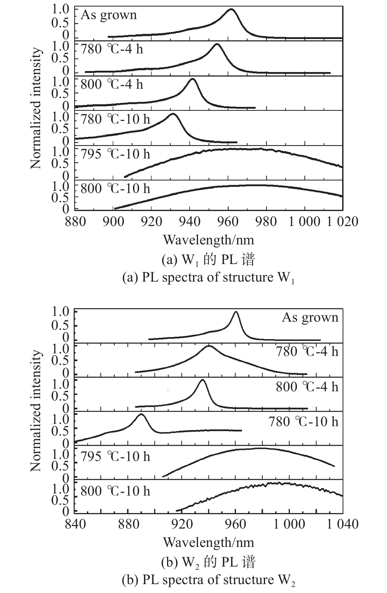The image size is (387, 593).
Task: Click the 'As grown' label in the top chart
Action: point(109,15)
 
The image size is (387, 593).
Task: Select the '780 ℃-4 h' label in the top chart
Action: point(112,49)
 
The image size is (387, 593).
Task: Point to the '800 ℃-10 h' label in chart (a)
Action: point(115,189)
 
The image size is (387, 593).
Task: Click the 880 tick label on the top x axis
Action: point(75,222)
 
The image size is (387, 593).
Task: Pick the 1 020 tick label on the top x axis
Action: point(342,222)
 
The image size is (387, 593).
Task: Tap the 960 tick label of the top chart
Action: point(228,222)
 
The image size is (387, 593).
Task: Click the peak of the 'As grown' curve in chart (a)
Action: point(231,9)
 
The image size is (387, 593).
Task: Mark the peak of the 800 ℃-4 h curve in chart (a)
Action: point(192,79)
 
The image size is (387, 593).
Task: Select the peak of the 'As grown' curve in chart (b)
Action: point(236,312)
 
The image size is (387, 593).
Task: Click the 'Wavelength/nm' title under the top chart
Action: point(209,240)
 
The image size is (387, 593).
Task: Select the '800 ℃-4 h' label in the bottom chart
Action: point(307,387)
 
